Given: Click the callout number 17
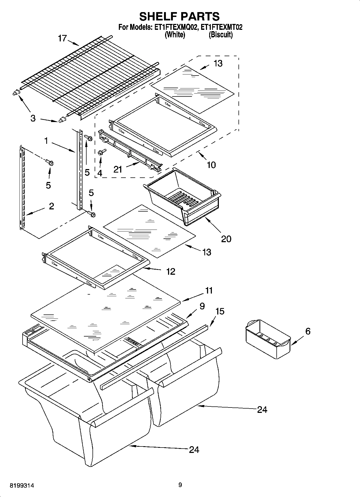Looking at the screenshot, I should [x=62, y=39].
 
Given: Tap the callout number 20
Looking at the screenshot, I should [x=226, y=239].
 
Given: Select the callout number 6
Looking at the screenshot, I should [x=308, y=331].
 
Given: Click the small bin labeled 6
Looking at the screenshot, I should [x=268, y=339].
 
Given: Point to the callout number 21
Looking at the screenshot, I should [x=118, y=169].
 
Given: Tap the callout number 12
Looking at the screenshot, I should [x=171, y=271].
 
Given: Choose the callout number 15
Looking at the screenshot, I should [x=220, y=311].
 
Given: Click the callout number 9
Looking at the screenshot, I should [x=202, y=306].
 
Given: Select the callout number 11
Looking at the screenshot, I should [x=209, y=291].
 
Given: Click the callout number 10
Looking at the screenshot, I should [x=211, y=165].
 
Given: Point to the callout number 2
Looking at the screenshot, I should [x=51, y=206].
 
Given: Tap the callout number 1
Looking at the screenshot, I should [x=46, y=141].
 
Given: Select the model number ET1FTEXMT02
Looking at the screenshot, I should [x=221, y=27].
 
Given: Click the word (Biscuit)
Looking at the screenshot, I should [x=221, y=34].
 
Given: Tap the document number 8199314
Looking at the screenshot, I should [x=22, y=486].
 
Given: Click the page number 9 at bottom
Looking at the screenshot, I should [x=180, y=485].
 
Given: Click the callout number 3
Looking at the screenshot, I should [x=33, y=118].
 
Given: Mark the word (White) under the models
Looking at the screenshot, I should [x=175, y=34].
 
